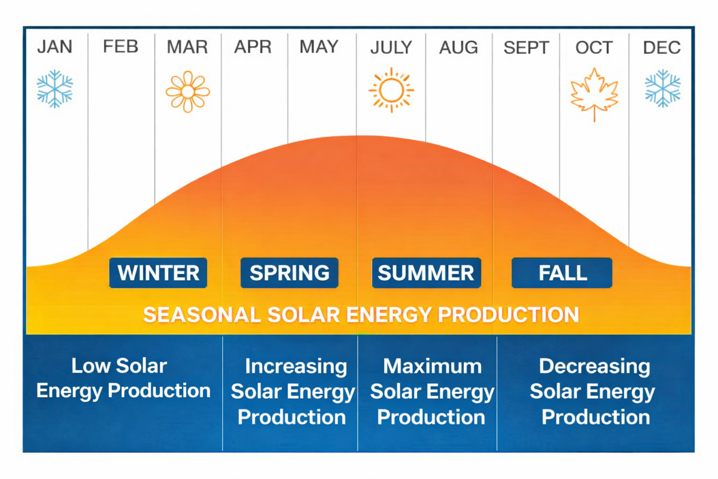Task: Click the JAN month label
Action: [x=54, y=47]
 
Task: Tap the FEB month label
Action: [x=120, y=47]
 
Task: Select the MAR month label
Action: [x=187, y=47]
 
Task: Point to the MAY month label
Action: [x=319, y=47]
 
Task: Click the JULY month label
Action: [x=391, y=47]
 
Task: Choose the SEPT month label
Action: [x=526, y=47]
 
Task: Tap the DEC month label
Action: [x=662, y=47]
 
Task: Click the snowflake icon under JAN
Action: [x=54, y=89]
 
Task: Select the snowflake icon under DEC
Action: [x=662, y=89]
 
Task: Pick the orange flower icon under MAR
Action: [x=187, y=92]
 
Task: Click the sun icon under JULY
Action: [x=391, y=90]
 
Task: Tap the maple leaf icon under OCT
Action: [x=594, y=94]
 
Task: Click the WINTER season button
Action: [x=159, y=273]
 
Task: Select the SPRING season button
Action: [x=290, y=273]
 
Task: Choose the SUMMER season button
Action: [x=426, y=273]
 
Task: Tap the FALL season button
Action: [x=562, y=273]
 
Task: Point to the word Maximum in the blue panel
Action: [x=432, y=366]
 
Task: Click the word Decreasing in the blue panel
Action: [x=594, y=366]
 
